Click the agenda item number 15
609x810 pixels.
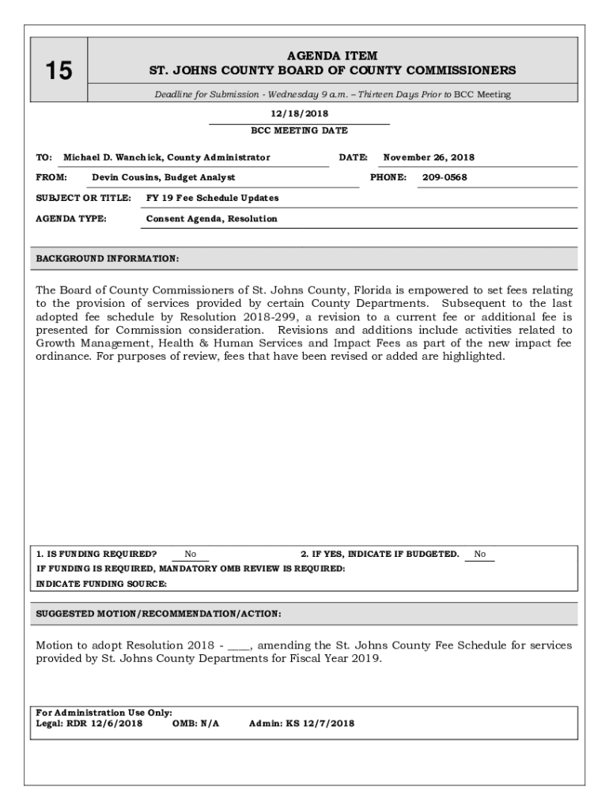pos(58,72)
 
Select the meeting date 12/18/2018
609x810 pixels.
pos(299,114)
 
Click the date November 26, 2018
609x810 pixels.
pos(429,157)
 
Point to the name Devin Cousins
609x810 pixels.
pos(126,177)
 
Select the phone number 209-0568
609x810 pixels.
pos(444,177)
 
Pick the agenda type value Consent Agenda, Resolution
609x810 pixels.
pos(212,218)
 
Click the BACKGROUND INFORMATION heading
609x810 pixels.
pos(108,259)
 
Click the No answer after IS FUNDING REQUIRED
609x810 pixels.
pos(191,554)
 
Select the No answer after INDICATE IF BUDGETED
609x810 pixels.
pos(480,554)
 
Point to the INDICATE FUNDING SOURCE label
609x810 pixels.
pos(102,584)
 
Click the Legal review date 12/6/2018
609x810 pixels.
pos(117,723)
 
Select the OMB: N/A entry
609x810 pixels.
pos(195,723)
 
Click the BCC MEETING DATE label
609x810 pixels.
pos(299,131)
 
